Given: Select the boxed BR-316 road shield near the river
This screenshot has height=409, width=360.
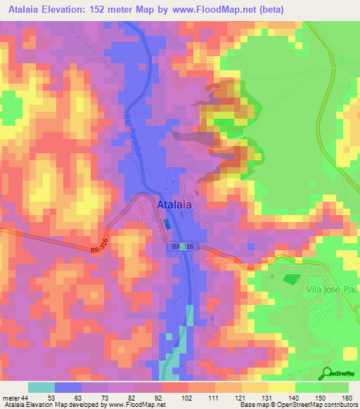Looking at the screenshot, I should [x=180, y=247].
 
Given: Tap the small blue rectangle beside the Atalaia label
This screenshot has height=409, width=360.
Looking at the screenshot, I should [x=166, y=223].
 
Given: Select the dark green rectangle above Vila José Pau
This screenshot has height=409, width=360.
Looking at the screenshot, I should [x=290, y=279].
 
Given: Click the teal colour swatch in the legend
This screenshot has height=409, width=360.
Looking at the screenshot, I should [x=41, y=387].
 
